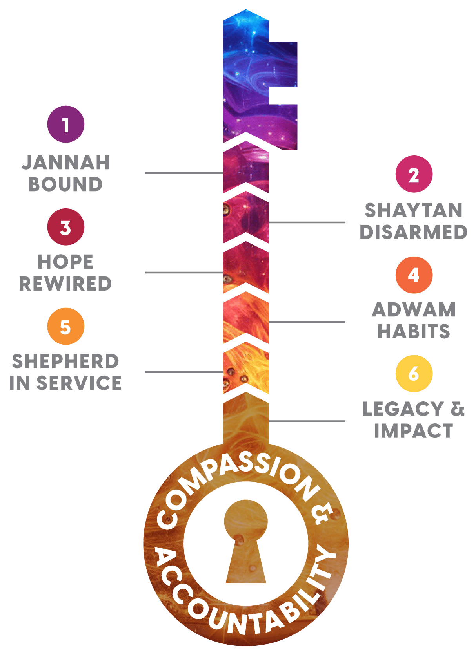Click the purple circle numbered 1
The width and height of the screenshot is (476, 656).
(66, 124)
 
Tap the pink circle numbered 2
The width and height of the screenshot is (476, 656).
(414, 174)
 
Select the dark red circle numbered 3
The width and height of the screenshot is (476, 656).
(66, 227)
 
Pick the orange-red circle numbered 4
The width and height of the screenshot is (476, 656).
(414, 275)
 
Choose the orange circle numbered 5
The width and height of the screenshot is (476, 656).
(66, 326)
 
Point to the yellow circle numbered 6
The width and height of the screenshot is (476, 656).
(414, 374)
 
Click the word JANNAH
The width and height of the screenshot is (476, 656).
(66, 163)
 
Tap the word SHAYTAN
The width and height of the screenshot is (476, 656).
(414, 210)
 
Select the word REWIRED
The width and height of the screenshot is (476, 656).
(65, 284)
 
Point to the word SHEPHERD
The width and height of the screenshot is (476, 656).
(65, 361)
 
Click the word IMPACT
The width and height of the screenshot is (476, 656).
(414, 431)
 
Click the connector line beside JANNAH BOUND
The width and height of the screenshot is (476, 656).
(184, 173)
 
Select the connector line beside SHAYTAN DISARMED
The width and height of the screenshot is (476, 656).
(307, 222)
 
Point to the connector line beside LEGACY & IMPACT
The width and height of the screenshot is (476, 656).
(307, 421)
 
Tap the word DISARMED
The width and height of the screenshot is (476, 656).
(414, 232)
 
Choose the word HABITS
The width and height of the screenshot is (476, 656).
(414, 331)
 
